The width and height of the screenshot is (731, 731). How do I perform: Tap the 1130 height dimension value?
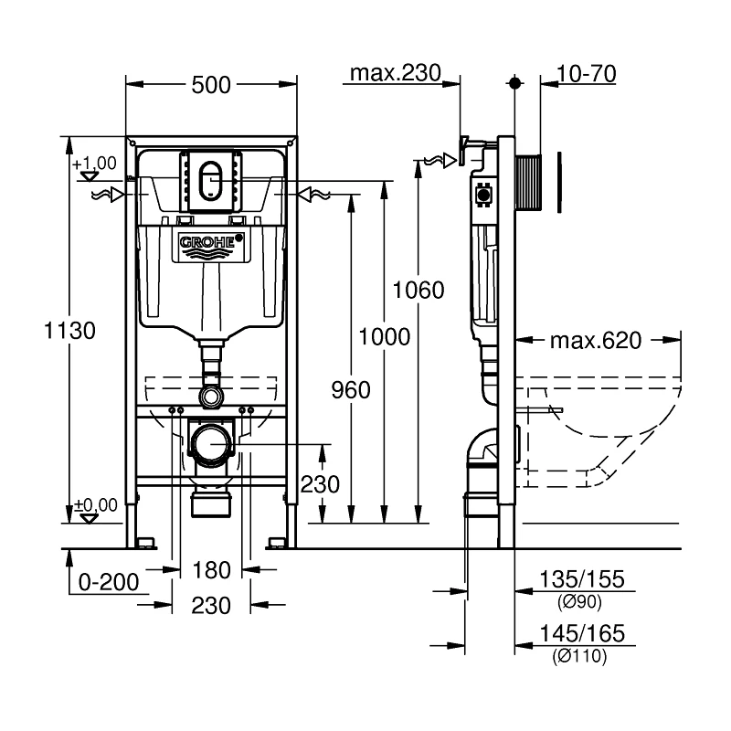coord(69,331)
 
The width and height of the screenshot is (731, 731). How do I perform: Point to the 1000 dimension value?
coord(385,336)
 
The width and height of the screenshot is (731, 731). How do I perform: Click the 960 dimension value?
coord(351,390)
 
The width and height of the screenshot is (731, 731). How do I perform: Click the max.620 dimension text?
coord(596,342)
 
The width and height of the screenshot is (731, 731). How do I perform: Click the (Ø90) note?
coord(580,600)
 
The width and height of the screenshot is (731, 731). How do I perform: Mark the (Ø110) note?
coord(580,655)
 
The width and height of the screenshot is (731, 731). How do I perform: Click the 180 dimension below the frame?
coord(211,571)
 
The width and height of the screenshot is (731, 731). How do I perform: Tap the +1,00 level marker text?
coord(100,163)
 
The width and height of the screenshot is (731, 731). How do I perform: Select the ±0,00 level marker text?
coord(97,504)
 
